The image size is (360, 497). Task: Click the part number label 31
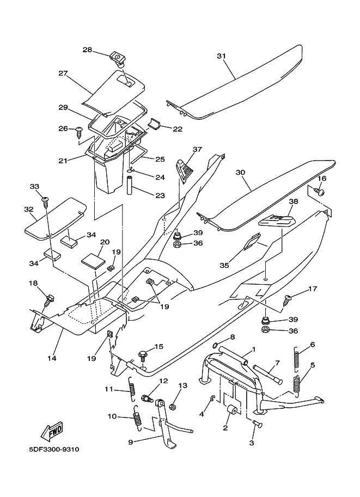220,56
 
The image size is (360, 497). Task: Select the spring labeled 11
131,387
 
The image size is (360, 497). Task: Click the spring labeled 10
137,418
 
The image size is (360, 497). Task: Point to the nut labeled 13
172,406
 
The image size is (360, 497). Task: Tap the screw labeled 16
320,192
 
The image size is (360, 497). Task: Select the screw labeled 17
288,298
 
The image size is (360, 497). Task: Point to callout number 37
197,149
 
